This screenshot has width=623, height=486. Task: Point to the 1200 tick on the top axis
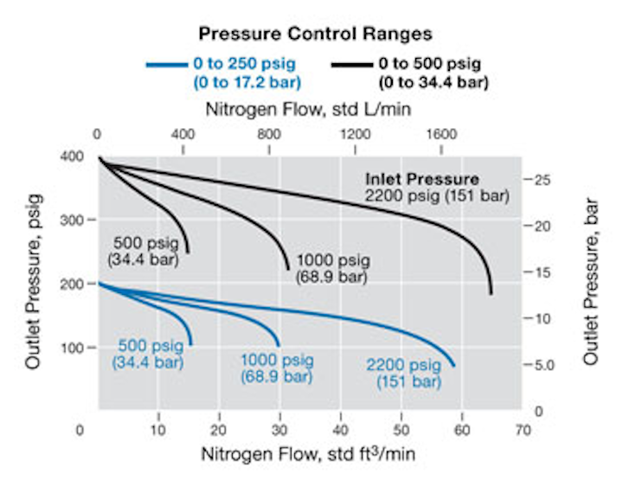(x=356, y=135)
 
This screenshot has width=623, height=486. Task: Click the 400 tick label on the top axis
(x=183, y=135)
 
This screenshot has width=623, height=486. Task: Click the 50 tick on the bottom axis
(x=401, y=429)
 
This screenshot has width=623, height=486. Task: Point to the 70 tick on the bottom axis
(x=522, y=429)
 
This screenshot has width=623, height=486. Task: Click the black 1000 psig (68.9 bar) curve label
(x=332, y=268)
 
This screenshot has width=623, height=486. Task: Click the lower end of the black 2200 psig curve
(x=491, y=293)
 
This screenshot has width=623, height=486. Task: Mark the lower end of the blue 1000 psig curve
(x=279, y=345)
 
